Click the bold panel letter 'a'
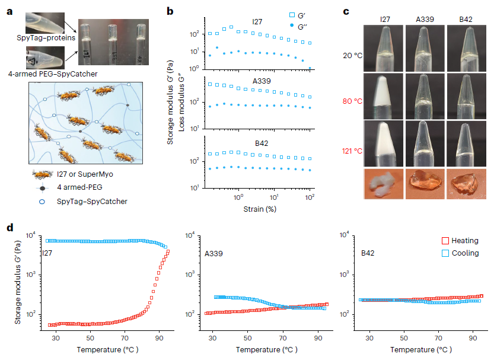[x=10, y=11]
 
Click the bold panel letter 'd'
[x=10, y=227]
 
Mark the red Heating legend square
[x=445, y=241]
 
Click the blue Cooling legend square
[x=445, y=253]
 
